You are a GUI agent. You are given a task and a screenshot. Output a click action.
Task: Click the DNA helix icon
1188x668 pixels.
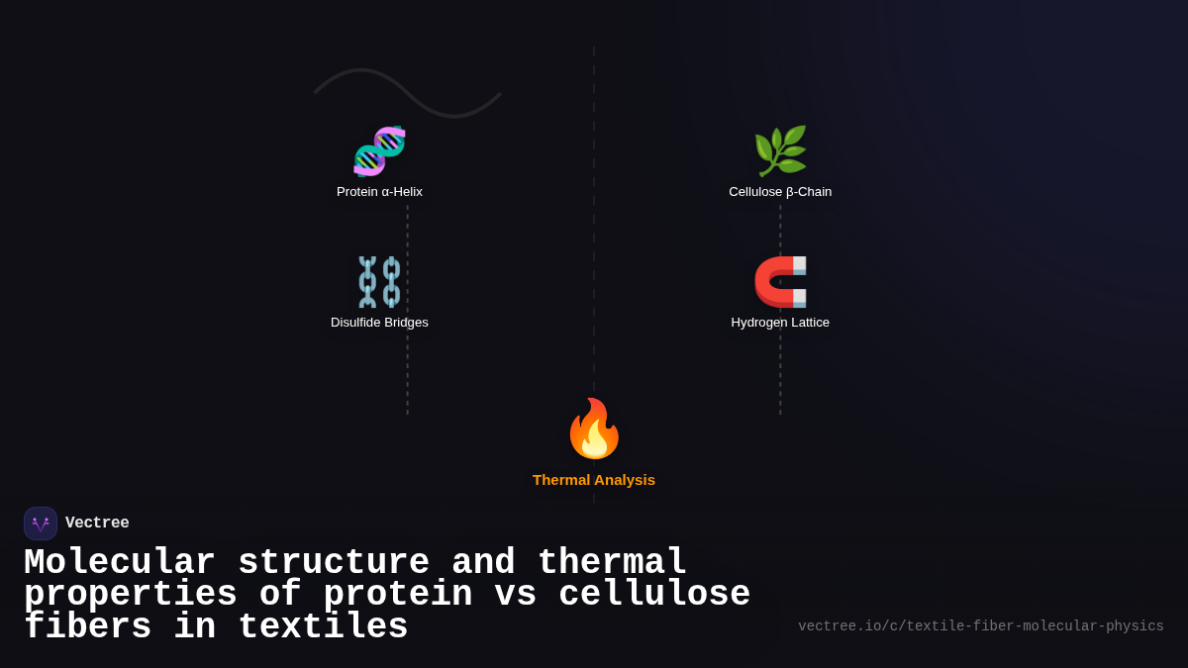click(x=379, y=150)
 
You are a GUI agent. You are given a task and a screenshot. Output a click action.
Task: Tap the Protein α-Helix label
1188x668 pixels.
click(x=379, y=192)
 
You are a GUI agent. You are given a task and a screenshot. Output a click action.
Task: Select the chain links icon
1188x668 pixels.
click(x=379, y=282)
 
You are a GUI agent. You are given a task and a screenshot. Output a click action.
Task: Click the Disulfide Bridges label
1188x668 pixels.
click(x=379, y=323)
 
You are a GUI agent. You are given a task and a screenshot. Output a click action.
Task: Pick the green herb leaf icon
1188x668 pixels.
click(x=780, y=150)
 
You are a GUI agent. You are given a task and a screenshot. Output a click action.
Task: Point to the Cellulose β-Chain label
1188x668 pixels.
click(x=780, y=192)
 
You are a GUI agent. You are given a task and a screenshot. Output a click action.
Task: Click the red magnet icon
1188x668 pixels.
click(x=780, y=282)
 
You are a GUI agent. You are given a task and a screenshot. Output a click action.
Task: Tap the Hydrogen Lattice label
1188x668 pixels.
click(x=780, y=323)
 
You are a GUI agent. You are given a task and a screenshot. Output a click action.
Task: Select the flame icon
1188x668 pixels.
click(x=594, y=429)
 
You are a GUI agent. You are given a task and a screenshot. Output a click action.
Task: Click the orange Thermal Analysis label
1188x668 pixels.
click(x=594, y=480)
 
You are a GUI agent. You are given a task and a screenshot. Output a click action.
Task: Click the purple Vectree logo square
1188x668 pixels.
click(x=41, y=524)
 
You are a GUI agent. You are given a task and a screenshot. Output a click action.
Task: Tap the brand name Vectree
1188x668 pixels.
click(x=97, y=524)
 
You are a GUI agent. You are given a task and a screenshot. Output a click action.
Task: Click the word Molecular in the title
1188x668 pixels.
click(x=119, y=563)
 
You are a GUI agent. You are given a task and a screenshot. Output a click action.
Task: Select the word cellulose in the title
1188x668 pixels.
click(x=654, y=595)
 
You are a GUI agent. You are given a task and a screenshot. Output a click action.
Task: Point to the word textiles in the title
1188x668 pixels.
click(x=323, y=627)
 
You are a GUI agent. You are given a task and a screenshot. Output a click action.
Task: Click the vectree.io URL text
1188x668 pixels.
click(x=980, y=626)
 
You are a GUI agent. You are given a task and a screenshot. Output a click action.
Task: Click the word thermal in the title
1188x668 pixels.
click(x=612, y=563)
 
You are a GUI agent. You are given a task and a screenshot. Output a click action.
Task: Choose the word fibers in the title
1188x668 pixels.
click(x=87, y=627)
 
